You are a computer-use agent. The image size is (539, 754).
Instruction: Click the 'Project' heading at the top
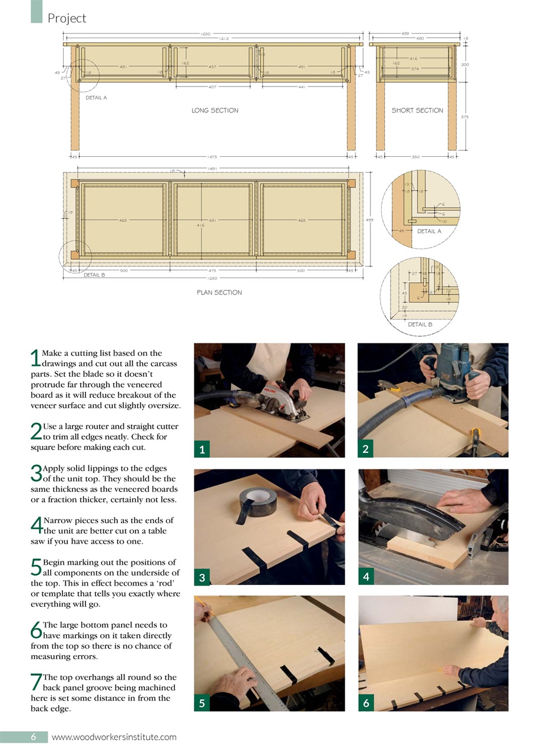(x=67, y=18)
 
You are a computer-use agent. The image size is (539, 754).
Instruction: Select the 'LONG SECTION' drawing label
(x=215, y=110)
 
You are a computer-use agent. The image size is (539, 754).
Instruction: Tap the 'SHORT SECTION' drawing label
(x=417, y=110)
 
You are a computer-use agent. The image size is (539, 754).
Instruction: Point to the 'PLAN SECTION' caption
(x=219, y=292)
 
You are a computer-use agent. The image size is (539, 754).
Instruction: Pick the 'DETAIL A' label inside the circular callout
(x=429, y=232)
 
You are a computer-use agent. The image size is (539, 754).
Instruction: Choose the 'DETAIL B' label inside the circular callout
(x=420, y=324)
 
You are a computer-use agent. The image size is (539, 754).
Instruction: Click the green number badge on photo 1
(x=201, y=450)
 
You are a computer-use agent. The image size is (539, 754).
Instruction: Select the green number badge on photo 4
(x=366, y=577)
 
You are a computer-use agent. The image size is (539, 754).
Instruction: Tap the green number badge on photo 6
(x=366, y=703)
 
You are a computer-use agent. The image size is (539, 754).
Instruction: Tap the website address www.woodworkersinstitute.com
(x=114, y=737)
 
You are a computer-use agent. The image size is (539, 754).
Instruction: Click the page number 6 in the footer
(x=34, y=737)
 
